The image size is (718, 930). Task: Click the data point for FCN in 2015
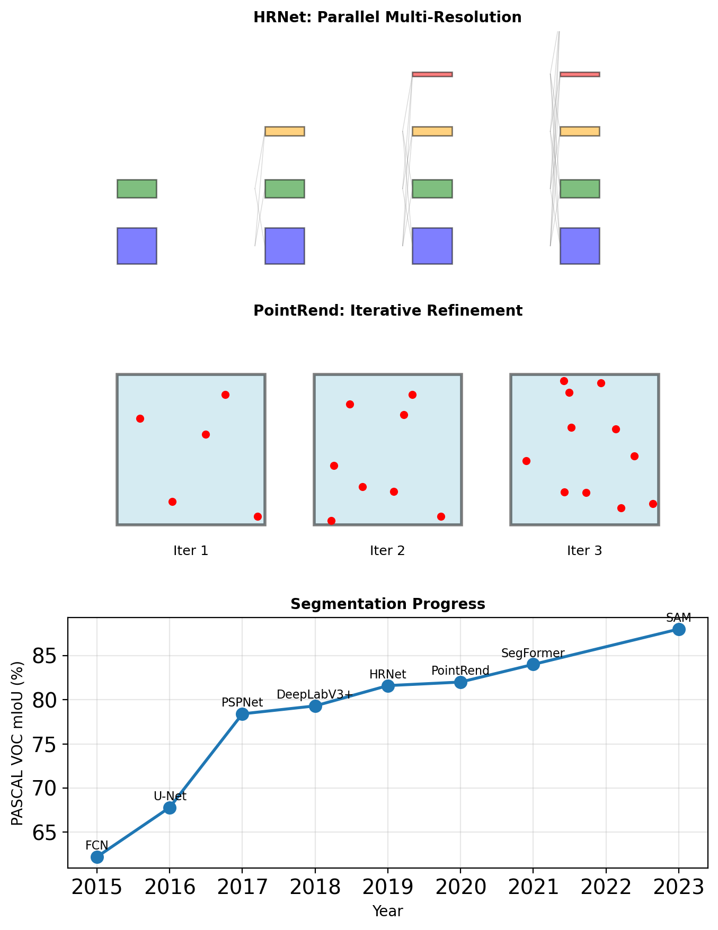[97, 857]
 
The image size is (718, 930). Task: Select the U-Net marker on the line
[170, 808]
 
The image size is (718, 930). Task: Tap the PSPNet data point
[242, 714]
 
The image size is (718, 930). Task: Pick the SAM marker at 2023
[679, 629]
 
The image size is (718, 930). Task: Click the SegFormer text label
[533, 654]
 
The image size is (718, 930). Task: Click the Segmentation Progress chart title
[388, 604]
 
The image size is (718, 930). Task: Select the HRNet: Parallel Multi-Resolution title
[387, 17]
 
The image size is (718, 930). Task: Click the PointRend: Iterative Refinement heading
[388, 311]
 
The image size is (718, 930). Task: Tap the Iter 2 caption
[387, 551]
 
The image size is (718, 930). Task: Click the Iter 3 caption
[584, 551]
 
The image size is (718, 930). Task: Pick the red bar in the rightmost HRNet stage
[580, 74]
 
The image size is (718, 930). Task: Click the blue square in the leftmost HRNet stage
[137, 246]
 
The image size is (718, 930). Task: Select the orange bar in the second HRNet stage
[285, 131]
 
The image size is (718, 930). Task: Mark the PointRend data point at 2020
[460, 682]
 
